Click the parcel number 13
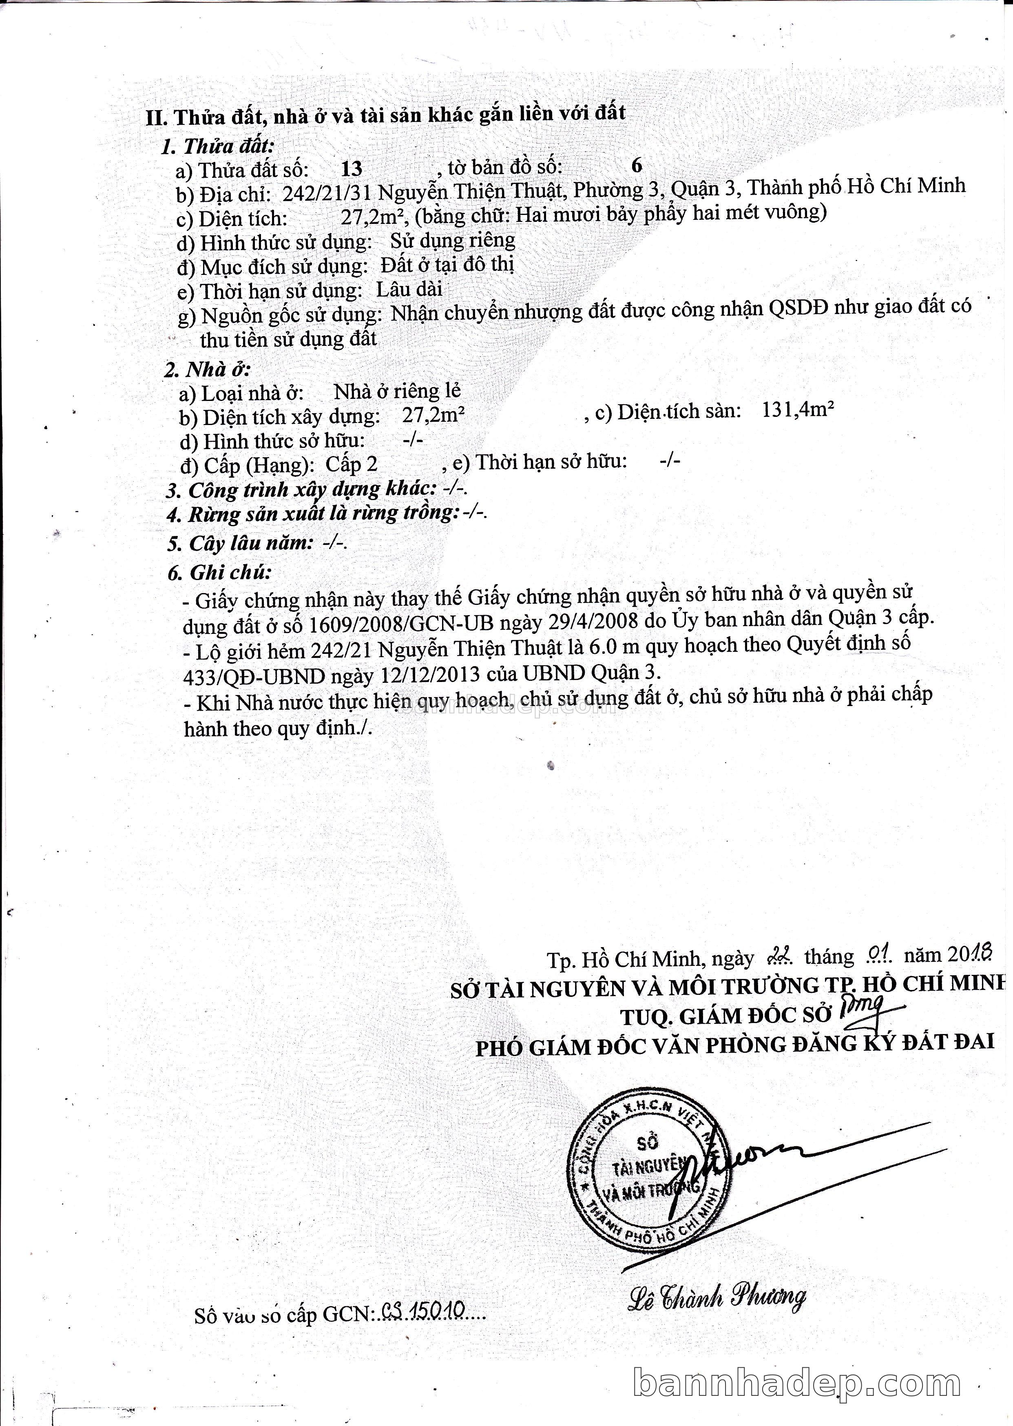tap(352, 168)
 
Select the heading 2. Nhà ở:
tap(207, 369)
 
